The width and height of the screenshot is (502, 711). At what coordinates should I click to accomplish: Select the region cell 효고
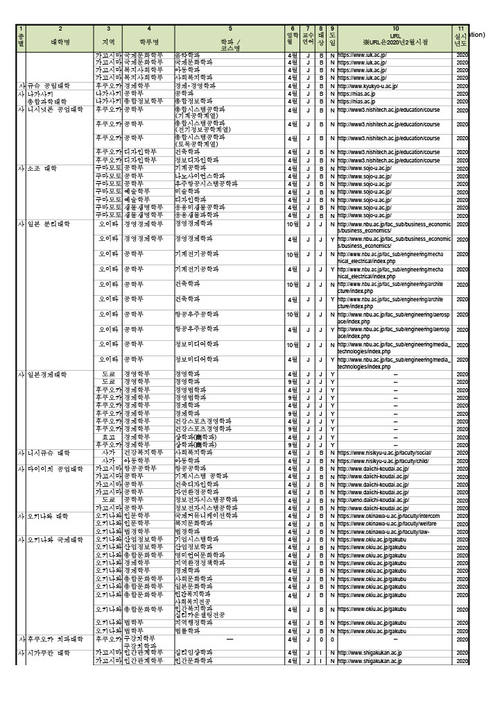tap(108, 437)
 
